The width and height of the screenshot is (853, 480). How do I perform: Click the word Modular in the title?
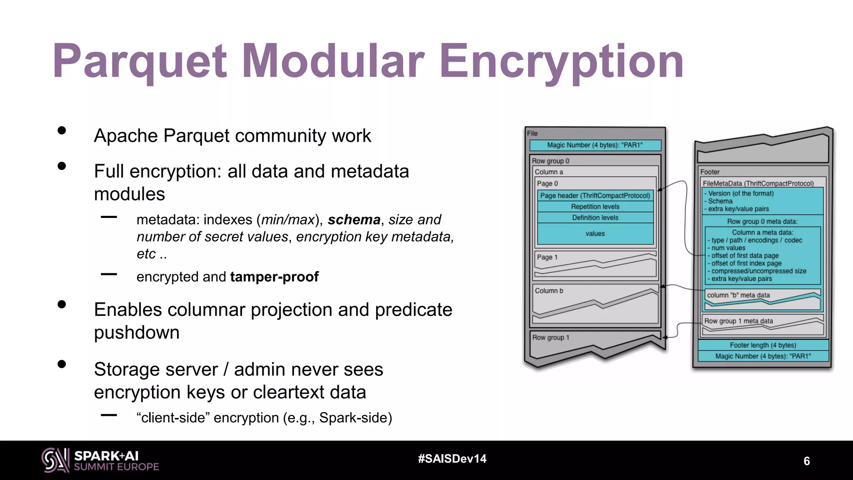pyautogui.click(x=332, y=62)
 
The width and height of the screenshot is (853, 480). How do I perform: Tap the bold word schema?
pyautogui.click(x=354, y=220)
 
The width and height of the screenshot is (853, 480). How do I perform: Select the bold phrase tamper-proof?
pyautogui.click(x=274, y=277)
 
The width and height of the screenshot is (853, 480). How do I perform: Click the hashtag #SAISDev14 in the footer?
pyautogui.click(x=452, y=459)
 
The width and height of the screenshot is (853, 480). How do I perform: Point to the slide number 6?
pyautogui.click(x=806, y=461)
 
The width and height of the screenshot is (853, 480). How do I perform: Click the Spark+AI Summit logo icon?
pyautogui.click(x=55, y=460)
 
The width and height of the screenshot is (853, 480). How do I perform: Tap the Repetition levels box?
pyautogui.click(x=595, y=207)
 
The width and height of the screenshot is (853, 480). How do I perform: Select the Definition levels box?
pyautogui.click(x=595, y=217)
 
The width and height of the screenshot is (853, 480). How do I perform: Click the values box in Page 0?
pyautogui.click(x=595, y=234)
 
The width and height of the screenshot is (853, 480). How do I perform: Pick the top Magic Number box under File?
pyautogui.click(x=595, y=145)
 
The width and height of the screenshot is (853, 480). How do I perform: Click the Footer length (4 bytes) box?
pyautogui.click(x=763, y=345)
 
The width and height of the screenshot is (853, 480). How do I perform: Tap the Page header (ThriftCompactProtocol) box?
pyautogui.click(x=595, y=195)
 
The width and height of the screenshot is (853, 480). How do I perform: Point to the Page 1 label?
pyautogui.click(x=547, y=257)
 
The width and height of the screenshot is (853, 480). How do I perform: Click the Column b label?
pyautogui.click(x=549, y=290)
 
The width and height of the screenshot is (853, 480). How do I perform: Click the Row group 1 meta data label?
pyautogui.click(x=738, y=321)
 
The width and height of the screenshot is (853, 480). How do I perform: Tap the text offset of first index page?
pyautogui.click(x=746, y=263)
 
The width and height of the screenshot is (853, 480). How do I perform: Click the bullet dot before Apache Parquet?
pyautogui.click(x=62, y=130)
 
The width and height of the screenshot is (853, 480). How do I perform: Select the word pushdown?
pyautogui.click(x=137, y=332)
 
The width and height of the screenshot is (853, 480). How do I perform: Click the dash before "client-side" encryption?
pyautogui.click(x=109, y=415)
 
